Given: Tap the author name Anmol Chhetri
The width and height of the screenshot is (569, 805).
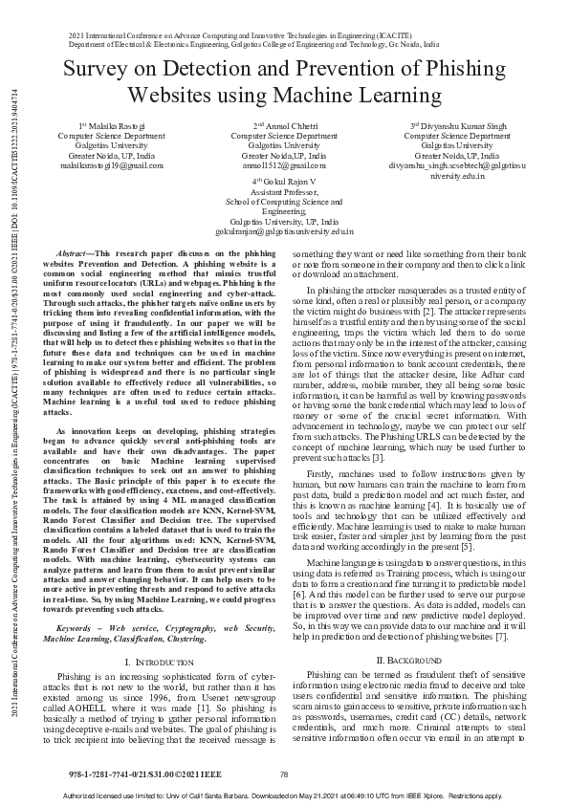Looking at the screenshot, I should [x=287, y=125].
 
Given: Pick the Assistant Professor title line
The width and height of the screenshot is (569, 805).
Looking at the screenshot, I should [x=283, y=191].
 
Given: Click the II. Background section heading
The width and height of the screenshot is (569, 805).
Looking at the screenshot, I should [x=406, y=553].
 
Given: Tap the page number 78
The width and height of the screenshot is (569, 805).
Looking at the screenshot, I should [x=284, y=772].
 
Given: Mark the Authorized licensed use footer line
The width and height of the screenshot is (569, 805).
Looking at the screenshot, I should [x=284, y=794].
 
